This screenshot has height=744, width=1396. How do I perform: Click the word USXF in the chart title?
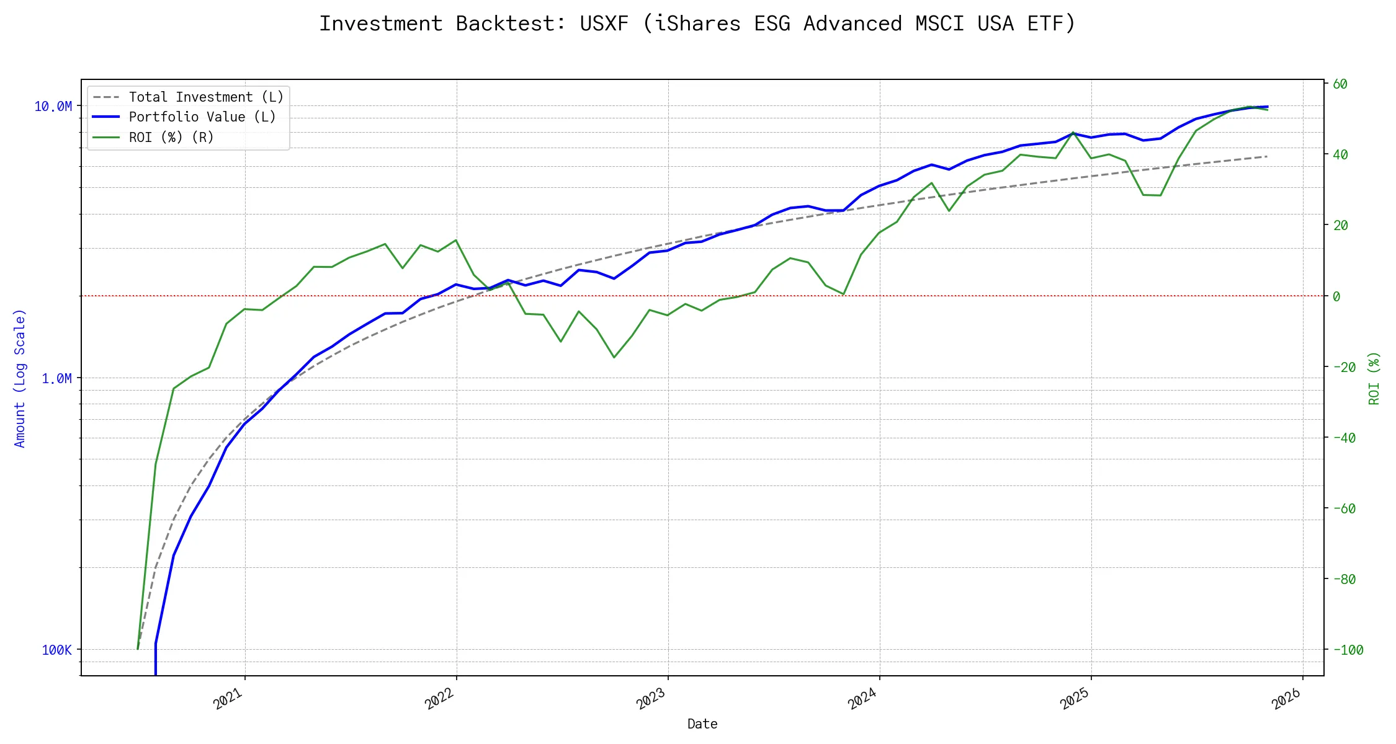point(604,24)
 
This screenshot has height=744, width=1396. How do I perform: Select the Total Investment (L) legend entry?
point(205,97)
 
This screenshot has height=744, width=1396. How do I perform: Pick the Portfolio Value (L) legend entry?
point(202,117)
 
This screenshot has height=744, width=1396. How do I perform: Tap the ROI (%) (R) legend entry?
point(171,138)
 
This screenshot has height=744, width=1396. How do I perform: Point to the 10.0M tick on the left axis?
point(53,107)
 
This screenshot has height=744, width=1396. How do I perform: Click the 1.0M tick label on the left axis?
point(57,378)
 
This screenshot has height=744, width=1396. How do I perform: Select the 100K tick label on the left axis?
point(57,650)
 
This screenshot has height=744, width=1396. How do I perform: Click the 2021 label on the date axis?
point(228,699)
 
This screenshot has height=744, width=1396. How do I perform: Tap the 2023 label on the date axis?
point(651,699)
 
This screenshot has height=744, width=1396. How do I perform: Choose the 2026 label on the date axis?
point(1286,699)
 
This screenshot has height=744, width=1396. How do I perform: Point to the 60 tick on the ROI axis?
point(1340,84)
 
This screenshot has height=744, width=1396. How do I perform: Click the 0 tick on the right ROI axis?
point(1336,296)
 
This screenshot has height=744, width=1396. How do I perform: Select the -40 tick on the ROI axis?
point(1345,438)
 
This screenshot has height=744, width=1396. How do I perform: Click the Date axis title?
point(702,724)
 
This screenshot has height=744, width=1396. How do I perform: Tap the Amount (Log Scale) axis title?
point(20,378)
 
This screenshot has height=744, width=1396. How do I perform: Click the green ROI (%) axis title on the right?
point(1374,378)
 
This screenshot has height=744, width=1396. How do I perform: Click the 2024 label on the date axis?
point(862,699)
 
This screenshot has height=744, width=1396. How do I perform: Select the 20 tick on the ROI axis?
point(1340,226)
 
